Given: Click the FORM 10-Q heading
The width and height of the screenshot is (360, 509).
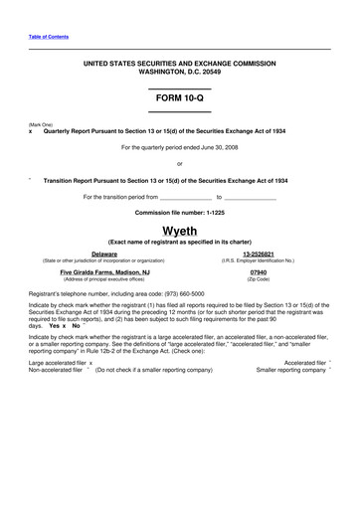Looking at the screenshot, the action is [x=179, y=101].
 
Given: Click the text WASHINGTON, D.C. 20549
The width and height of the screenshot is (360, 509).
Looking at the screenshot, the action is [x=179, y=72].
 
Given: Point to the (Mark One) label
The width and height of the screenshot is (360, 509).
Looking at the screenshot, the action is [x=41, y=123].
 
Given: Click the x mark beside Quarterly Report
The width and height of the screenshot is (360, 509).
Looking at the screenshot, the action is [x=32, y=130].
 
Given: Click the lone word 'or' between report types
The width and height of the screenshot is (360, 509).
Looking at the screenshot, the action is [x=179, y=163].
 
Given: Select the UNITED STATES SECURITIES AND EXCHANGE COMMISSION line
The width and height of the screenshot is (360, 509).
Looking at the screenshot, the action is [x=179, y=64].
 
